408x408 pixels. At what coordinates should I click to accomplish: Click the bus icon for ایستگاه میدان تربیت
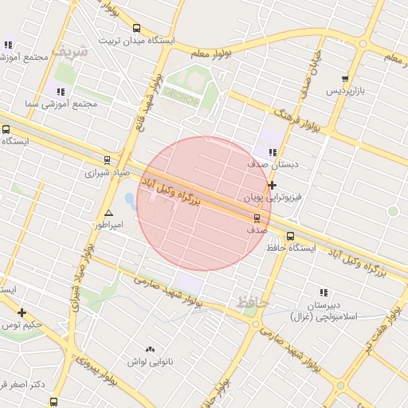pyautogui.click(x=136, y=28)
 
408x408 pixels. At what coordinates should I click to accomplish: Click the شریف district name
pyautogui.click(x=68, y=50)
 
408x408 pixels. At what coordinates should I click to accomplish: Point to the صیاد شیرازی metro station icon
pyautogui.click(x=108, y=160)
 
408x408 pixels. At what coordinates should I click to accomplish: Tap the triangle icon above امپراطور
pyautogui.click(x=108, y=213)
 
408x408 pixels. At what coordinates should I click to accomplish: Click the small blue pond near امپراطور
pyautogui.click(x=130, y=199)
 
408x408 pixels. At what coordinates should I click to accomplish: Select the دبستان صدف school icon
pyautogui.click(x=273, y=152)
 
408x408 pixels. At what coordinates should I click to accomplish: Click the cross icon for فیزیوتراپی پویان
pyautogui.click(x=273, y=185)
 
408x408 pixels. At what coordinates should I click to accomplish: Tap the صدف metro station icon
pyautogui.click(x=257, y=218)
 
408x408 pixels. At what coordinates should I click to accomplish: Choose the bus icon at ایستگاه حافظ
pyautogui.click(x=290, y=236)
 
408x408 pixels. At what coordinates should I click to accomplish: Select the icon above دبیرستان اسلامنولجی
pyautogui.click(x=324, y=293)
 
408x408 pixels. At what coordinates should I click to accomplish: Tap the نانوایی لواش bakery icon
pyautogui.click(x=150, y=349)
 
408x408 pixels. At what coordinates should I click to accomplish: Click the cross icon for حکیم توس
pyautogui.click(x=22, y=312)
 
